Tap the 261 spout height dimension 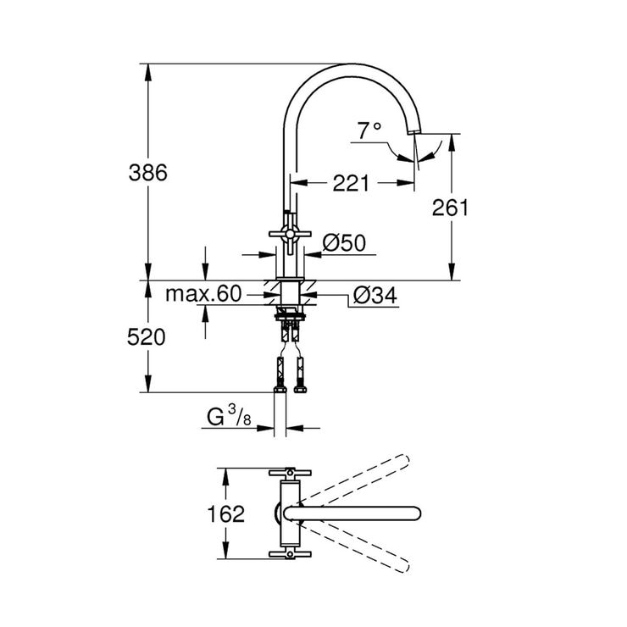point(449,208)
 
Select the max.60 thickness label point(203,294)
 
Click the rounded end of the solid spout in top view point(413,513)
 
